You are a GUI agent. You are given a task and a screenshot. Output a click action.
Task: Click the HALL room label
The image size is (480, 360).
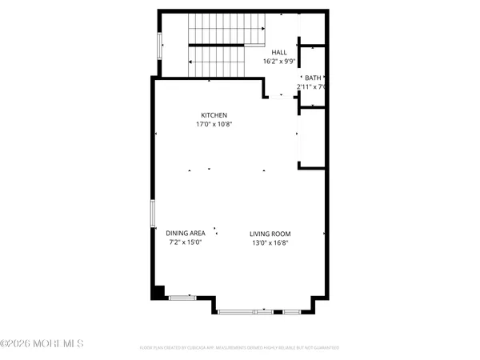point(279,52)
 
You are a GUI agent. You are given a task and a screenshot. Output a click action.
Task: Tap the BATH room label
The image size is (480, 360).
point(312,78)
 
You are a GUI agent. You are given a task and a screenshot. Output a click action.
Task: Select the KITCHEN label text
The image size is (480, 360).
point(214,115)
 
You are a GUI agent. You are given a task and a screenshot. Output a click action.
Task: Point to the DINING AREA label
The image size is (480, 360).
point(186,233)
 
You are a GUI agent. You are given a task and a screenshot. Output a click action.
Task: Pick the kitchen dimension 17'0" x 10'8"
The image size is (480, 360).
point(214,124)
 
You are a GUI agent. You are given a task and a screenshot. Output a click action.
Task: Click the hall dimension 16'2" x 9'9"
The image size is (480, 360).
point(279,61)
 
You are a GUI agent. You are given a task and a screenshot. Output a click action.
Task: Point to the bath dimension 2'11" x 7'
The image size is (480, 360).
point(311,86)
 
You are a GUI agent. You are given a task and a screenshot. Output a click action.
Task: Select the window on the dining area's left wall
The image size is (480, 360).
point(154,216)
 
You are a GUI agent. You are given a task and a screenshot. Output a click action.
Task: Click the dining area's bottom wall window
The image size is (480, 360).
point(182,298)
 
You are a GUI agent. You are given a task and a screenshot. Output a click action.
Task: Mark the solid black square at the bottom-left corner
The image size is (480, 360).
point(158,292)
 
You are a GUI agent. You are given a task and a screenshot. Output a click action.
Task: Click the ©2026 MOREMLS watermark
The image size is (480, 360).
point(42,344)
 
